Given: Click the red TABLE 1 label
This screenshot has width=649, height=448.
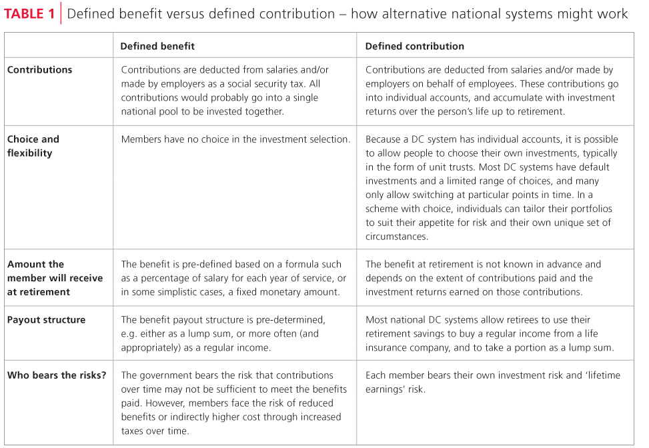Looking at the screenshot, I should [30, 13].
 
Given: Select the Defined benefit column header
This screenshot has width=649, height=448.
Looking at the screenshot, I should [157, 46].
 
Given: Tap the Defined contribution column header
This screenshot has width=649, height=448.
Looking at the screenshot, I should [414, 46].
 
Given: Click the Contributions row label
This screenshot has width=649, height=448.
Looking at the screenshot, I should [39, 69].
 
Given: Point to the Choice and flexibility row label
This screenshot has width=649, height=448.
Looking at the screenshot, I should [33, 146].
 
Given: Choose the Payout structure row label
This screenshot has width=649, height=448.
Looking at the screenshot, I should [46, 319].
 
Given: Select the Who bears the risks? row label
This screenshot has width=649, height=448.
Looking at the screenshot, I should [57, 375].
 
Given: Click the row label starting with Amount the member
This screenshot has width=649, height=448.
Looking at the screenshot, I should [55, 277].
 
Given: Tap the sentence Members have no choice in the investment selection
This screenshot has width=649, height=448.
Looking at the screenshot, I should [235, 139].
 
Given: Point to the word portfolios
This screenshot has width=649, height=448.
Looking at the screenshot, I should [590, 209].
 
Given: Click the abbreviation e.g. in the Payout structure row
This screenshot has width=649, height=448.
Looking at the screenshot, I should [129, 333].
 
